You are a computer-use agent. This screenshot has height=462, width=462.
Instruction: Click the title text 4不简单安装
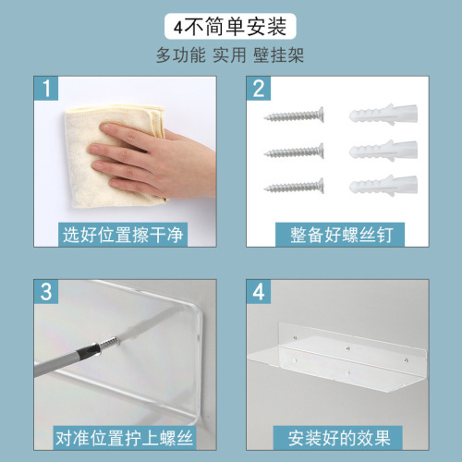click(x=230, y=27)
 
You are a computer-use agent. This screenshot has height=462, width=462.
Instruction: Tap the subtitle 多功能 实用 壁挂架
click(x=230, y=55)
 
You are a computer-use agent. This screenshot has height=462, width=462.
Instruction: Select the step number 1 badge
click(x=46, y=89)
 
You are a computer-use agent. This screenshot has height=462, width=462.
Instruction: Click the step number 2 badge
click(x=259, y=89)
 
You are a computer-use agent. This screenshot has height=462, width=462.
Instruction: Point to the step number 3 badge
click(x=46, y=292)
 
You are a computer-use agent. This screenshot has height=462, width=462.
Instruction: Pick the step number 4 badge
click(x=259, y=292)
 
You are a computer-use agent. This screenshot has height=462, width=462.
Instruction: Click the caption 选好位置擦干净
click(x=123, y=235)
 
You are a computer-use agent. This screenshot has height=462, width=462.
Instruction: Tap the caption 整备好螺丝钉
click(x=341, y=235)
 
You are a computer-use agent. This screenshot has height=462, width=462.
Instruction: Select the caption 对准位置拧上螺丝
click(x=124, y=438)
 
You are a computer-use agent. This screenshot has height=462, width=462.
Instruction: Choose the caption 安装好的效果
click(x=339, y=438)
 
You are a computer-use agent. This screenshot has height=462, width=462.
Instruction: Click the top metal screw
click(x=294, y=115)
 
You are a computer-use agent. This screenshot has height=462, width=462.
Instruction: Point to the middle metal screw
click(x=294, y=151)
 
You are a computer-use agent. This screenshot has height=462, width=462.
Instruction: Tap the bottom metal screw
click(x=294, y=186)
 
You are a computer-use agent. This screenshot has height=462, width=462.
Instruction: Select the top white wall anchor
click(x=383, y=115)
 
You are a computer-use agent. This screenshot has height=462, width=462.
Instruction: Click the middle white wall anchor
click(x=383, y=151)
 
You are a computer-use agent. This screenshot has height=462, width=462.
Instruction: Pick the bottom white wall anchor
click(x=383, y=185)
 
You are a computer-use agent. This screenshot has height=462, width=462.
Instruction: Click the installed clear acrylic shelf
click(x=337, y=358)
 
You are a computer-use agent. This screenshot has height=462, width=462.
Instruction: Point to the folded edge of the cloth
click(x=157, y=121)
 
